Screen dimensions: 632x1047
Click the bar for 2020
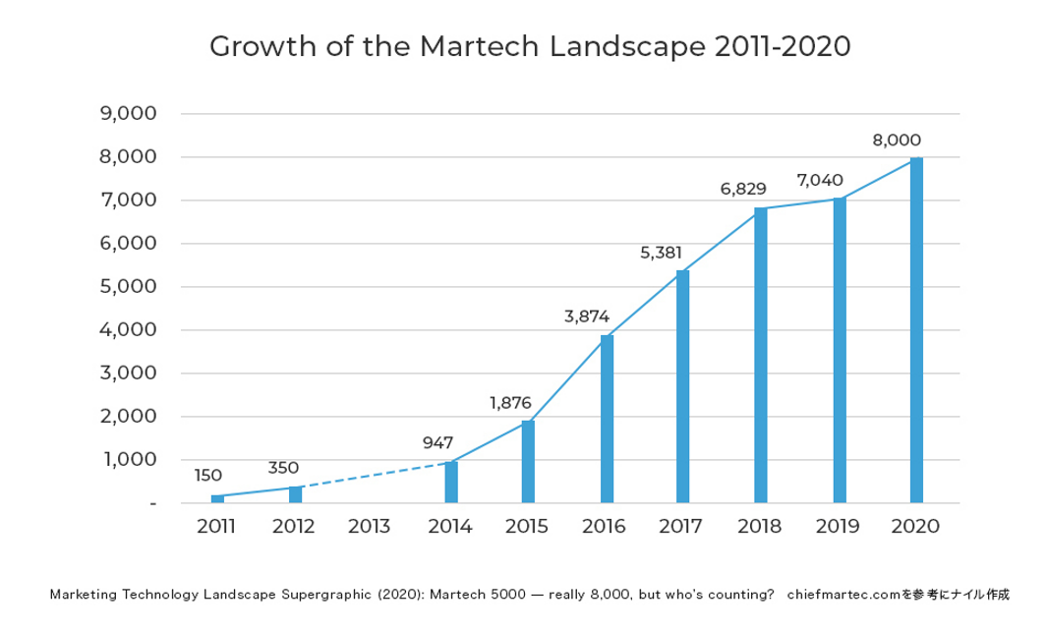tap(916, 330)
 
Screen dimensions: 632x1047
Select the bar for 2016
tap(607, 420)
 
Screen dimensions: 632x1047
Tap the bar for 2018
tap(761, 356)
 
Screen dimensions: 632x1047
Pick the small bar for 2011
tap(217, 498)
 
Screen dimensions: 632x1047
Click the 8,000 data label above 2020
tap(897, 141)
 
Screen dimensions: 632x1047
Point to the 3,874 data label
tap(587, 316)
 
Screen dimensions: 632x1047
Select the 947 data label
tap(437, 443)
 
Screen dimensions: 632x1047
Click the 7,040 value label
tap(820, 181)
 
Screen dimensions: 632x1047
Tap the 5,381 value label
tap(661, 253)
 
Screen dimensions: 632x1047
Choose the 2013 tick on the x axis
tap(370, 527)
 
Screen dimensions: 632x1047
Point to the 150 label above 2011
tap(207, 476)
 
